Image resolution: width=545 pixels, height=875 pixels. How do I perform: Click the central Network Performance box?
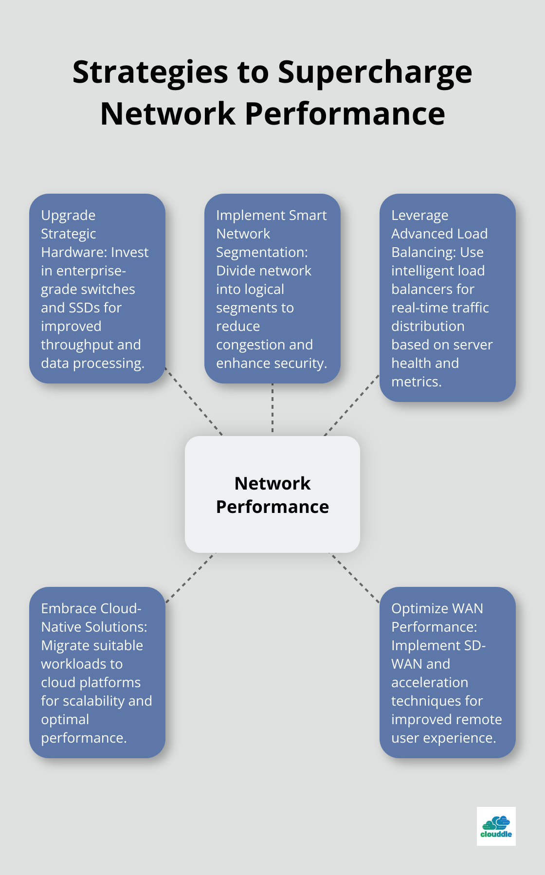(x=272, y=494)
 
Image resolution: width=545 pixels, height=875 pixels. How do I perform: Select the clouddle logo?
(x=496, y=826)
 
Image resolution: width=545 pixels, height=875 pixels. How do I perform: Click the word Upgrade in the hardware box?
(x=68, y=215)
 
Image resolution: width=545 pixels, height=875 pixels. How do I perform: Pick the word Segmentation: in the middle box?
(x=262, y=252)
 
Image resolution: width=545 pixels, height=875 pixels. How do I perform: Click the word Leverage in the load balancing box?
(x=419, y=215)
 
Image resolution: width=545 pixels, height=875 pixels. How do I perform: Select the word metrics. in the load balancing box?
(x=417, y=382)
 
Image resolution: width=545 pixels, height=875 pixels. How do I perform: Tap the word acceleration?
(x=430, y=682)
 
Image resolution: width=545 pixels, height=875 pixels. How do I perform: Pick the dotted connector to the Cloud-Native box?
(x=190, y=578)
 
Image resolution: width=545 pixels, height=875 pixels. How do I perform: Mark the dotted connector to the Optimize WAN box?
(x=355, y=578)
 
